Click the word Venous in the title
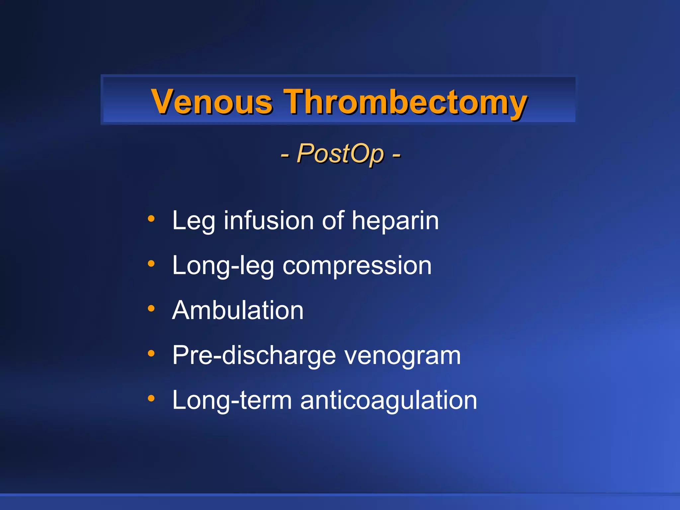point(212,102)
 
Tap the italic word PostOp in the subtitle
point(340,153)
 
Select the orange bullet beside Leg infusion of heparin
point(151,218)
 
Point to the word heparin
point(395,221)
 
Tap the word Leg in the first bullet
point(194,221)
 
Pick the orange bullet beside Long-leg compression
point(151,264)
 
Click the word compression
point(357,266)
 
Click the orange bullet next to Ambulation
point(151,308)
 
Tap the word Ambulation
point(238,310)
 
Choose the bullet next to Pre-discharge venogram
point(151,353)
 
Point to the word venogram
point(402,356)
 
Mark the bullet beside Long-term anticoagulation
point(151,398)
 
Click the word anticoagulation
point(388,400)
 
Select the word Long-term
point(232,400)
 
